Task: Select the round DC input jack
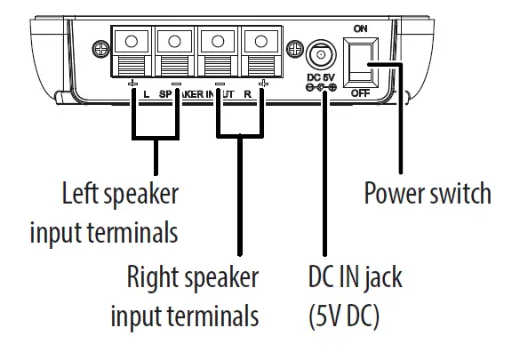click(x=319, y=57)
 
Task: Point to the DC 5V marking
click(x=319, y=78)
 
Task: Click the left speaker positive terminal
click(x=132, y=52)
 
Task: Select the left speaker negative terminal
click(x=176, y=52)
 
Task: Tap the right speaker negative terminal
click(x=218, y=52)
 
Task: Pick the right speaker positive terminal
click(x=261, y=52)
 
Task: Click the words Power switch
click(x=428, y=193)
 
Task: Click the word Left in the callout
click(x=81, y=193)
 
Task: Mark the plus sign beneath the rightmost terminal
click(x=263, y=84)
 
